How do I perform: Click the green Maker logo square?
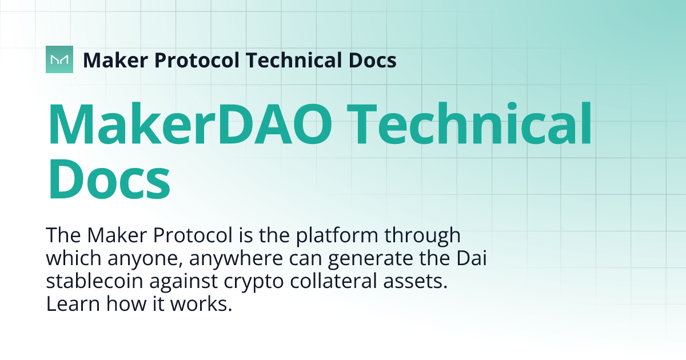(x=59, y=59)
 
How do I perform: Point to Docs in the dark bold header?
(x=373, y=60)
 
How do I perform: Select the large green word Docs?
(x=109, y=178)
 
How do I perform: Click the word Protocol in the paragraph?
(x=193, y=235)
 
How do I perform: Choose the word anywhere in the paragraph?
(x=236, y=259)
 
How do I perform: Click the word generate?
(x=370, y=259)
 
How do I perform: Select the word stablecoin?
(x=95, y=281)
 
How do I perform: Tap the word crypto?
(x=254, y=282)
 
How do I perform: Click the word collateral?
(x=333, y=281)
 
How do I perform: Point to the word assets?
(x=415, y=282)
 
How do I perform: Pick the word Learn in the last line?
(x=73, y=303)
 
